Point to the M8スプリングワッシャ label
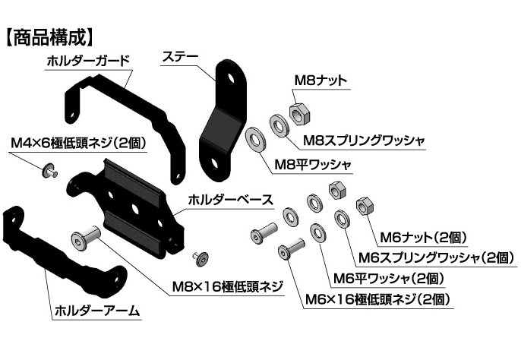(363, 141)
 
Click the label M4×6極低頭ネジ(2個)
(77, 144)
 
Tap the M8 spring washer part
(278, 125)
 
